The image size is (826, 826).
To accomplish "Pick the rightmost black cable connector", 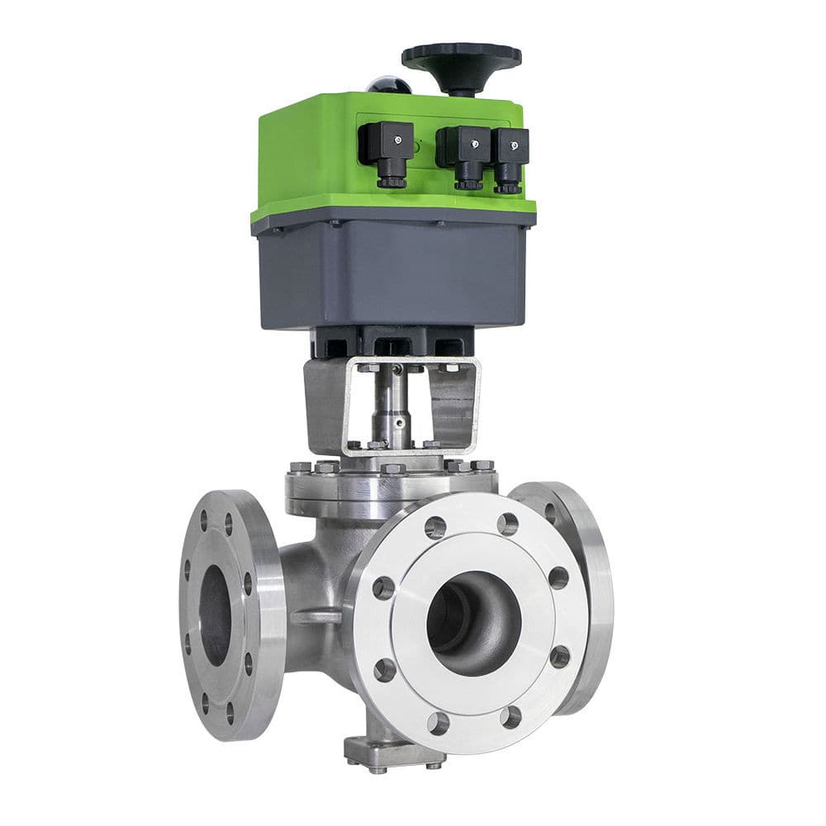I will (x=510, y=157).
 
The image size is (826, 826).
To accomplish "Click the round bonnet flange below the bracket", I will (x=388, y=487).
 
